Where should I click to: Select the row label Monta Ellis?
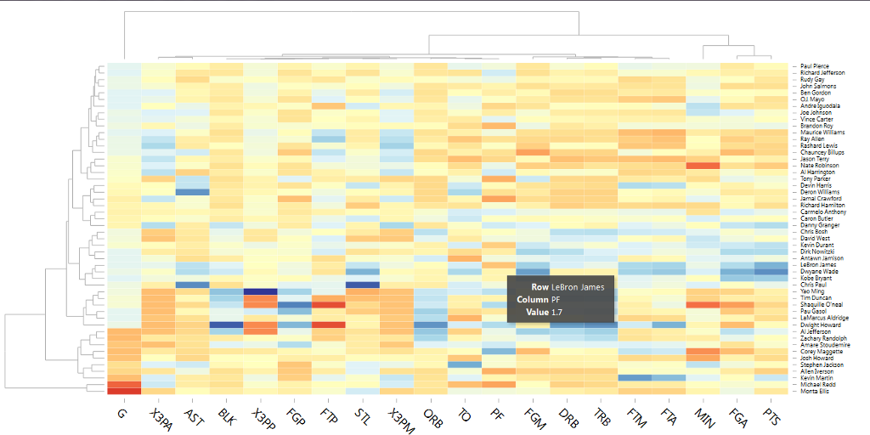pos(815,391)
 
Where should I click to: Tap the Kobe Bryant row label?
pos(815,278)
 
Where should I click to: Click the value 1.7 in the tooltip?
pos(556,313)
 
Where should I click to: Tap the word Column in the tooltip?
pos(532,300)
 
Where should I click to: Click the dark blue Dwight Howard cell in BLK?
pos(226,325)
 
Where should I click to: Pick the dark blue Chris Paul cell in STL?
pos(362,285)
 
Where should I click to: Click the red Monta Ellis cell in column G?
pos(124,391)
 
